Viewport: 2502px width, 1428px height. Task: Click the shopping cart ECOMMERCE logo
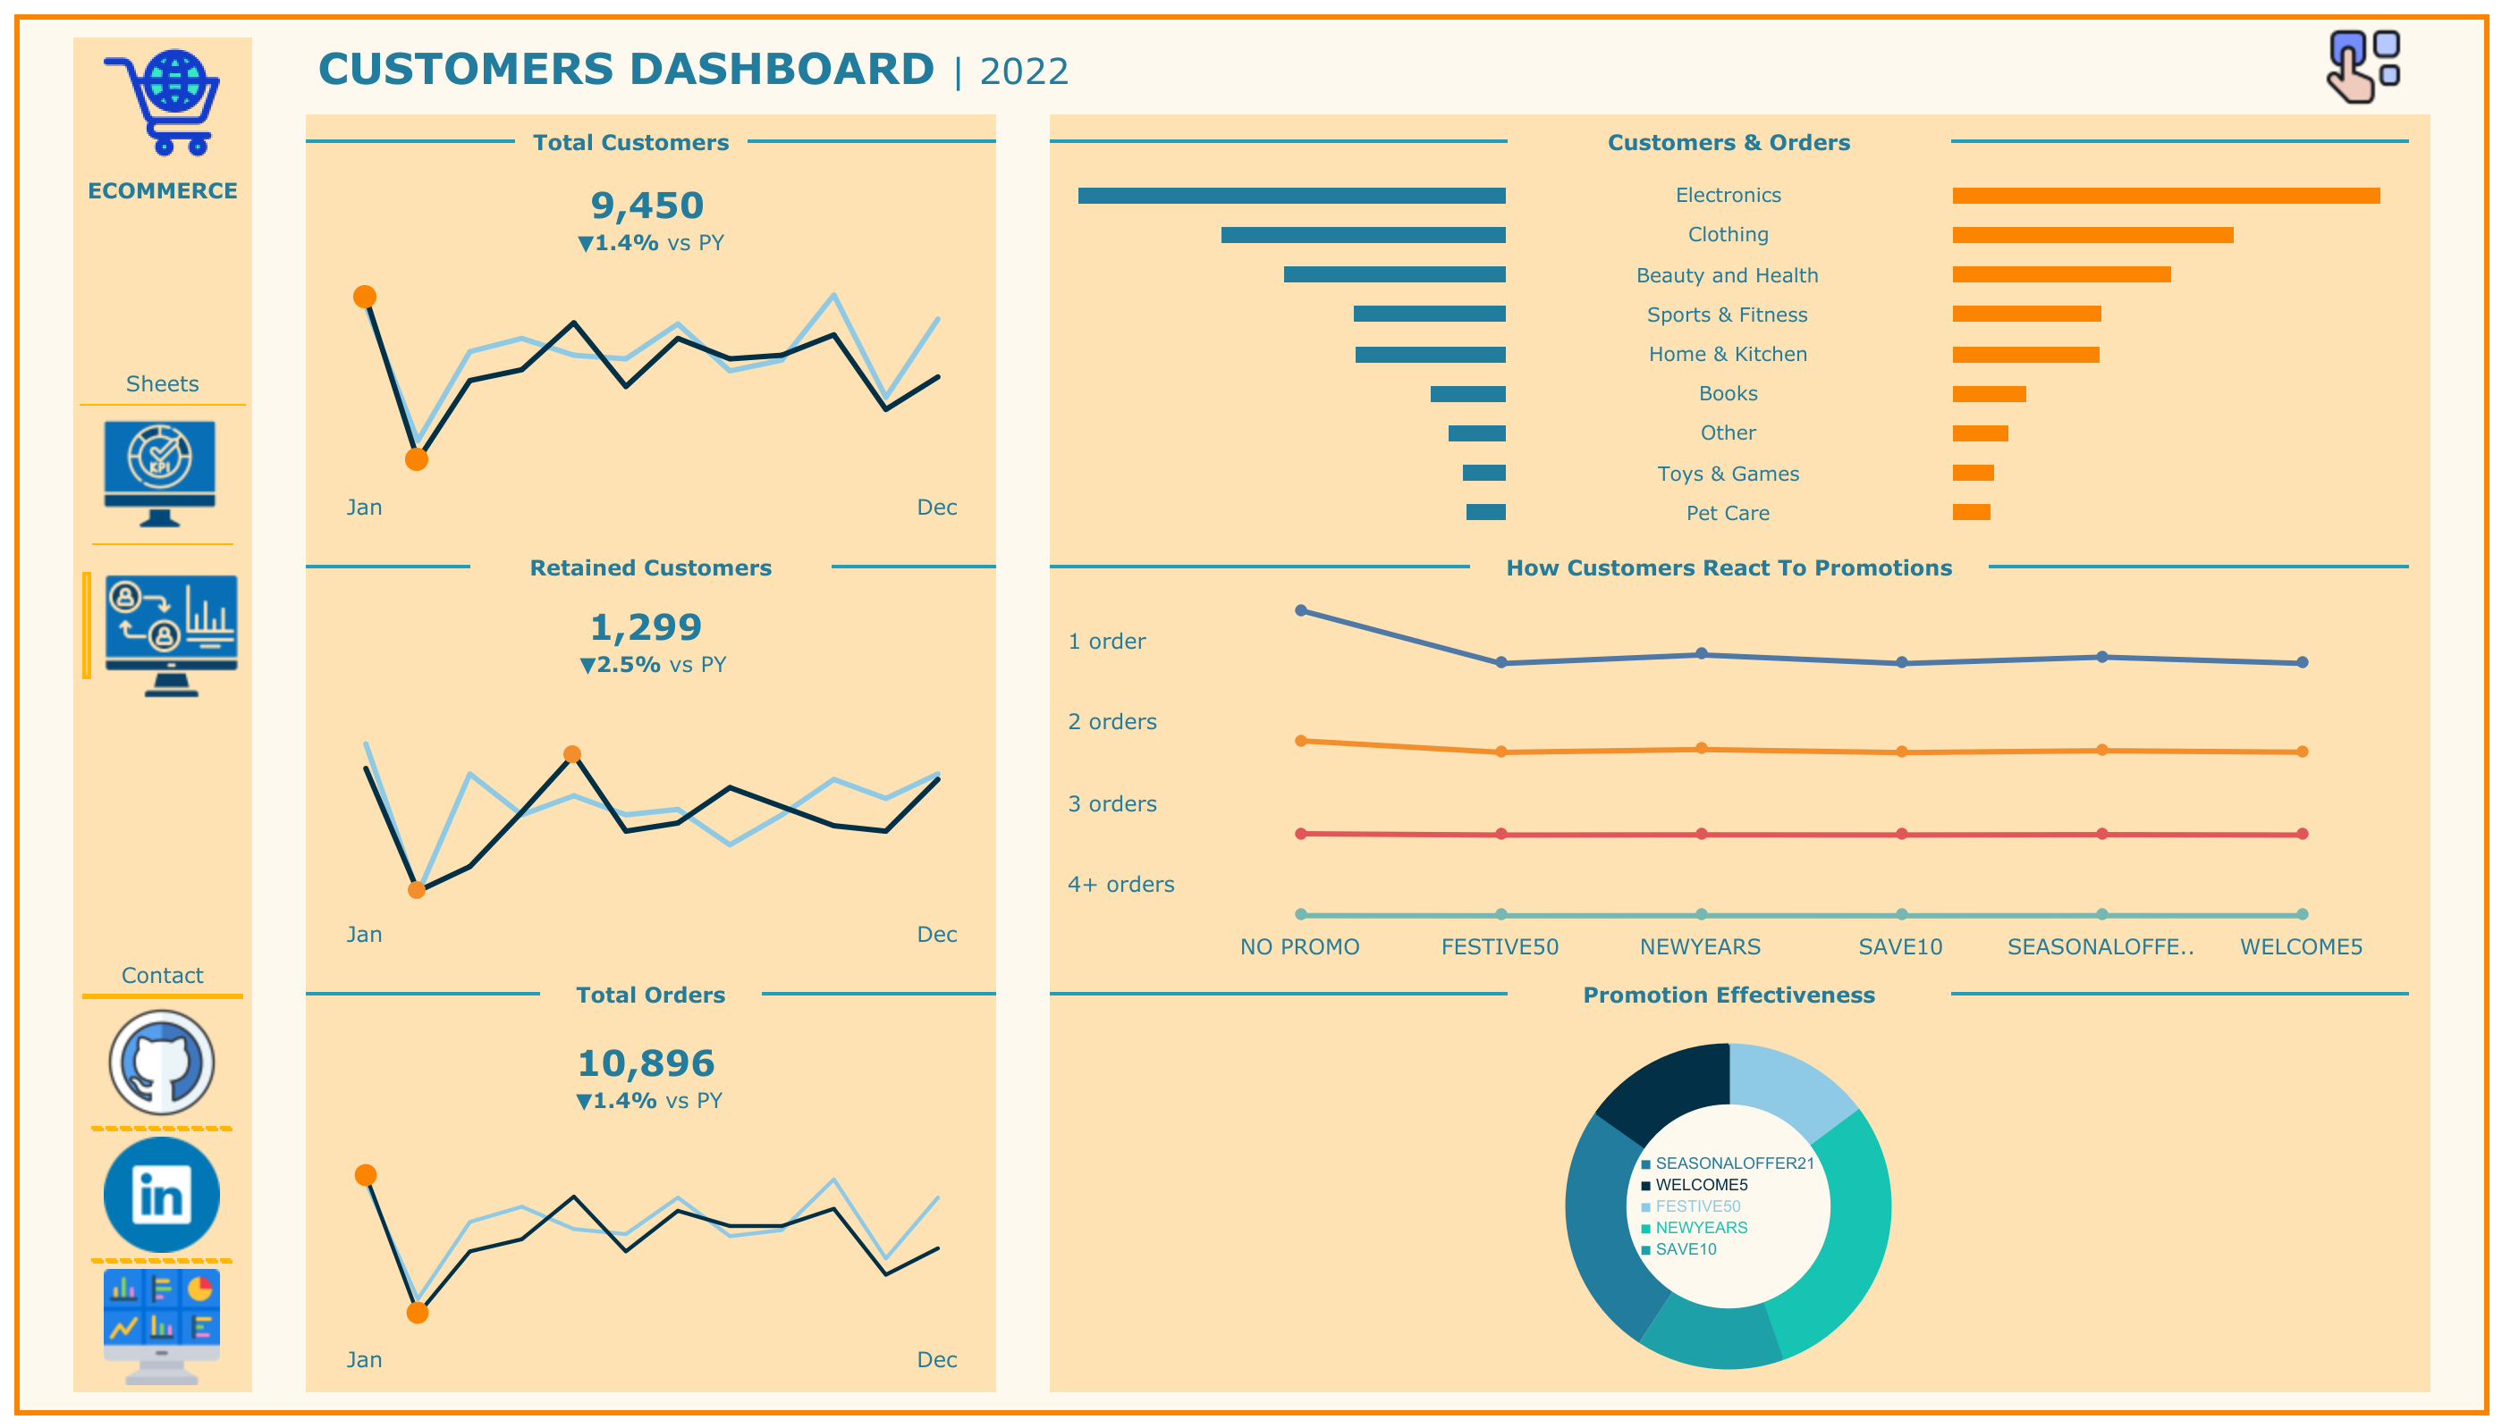[164, 103]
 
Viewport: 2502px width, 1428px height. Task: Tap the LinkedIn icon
[162, 1195]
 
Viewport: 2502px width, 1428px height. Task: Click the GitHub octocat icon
[162, 1063]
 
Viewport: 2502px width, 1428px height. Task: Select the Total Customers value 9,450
[647, 206]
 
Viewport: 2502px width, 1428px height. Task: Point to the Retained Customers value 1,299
[646, 627]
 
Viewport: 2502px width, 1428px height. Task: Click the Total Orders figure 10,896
[646, 1063]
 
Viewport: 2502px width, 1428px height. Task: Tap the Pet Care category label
[1727, 513]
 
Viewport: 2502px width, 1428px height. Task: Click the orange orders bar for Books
[1988, 394]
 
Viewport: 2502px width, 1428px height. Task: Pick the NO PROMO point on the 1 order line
[1300, 611]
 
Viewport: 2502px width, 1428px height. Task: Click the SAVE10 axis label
[1899, 946]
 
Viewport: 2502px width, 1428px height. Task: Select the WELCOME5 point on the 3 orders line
[2301, 834]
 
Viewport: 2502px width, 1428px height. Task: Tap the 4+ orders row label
[1120, 885]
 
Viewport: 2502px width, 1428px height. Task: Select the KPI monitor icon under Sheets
[160, 473]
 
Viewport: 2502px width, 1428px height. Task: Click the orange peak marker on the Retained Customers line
[572, 754]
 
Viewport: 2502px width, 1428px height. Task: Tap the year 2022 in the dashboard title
[1023, 71]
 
